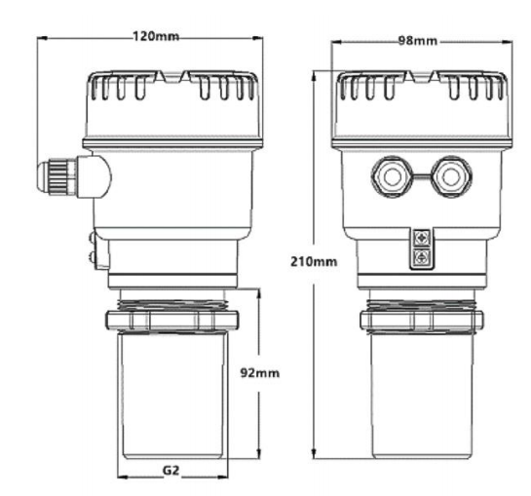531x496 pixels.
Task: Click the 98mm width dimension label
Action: (419, 42)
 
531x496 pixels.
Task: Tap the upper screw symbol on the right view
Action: (420, 238)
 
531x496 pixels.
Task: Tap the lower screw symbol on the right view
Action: (420, 257)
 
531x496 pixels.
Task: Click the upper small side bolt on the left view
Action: (91, 236)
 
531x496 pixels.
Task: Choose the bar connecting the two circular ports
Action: (420, 176)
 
